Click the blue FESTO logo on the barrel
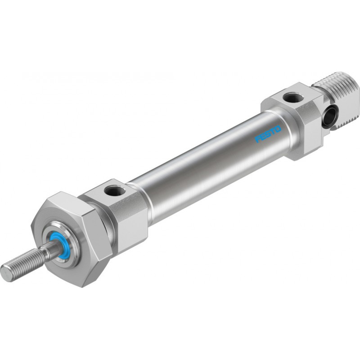click(x=268, y=134)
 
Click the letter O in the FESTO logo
click(x=278, y=129)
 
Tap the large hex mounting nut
click(x=71, y=239)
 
